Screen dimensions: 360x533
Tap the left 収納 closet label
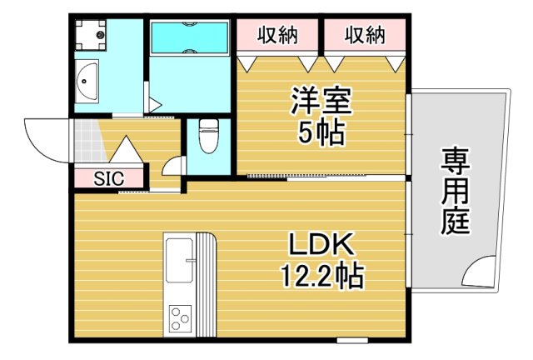277,35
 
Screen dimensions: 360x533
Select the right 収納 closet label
365,35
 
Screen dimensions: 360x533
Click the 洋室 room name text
321,102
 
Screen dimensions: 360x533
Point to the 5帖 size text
321,133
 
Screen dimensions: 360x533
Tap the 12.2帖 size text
321,275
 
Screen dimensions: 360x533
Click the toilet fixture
208,135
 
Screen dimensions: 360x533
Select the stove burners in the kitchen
180,317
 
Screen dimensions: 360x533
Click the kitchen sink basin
179,261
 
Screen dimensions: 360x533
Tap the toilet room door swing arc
173,164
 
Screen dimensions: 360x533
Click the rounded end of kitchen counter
208,246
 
